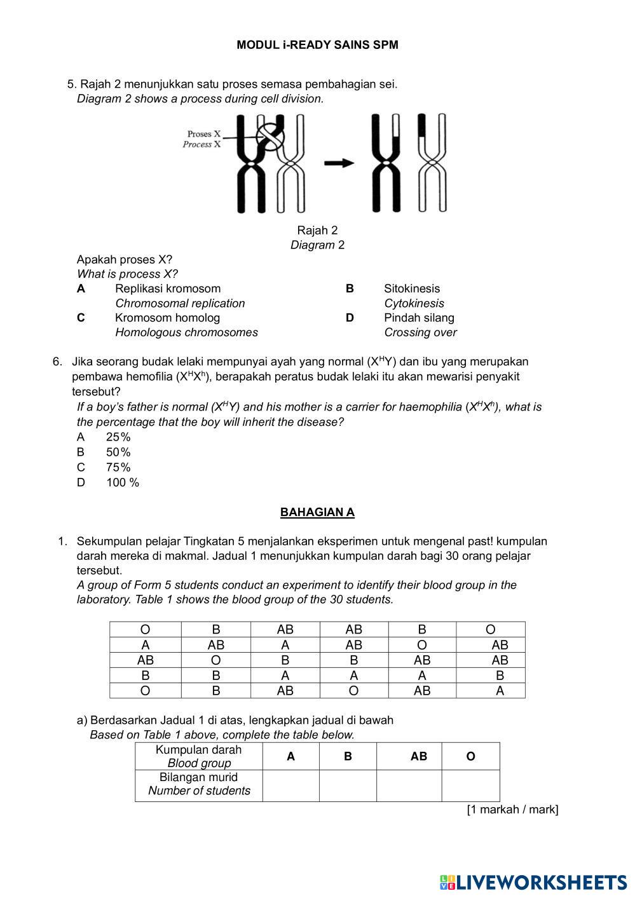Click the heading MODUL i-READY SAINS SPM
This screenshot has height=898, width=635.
(317, 45)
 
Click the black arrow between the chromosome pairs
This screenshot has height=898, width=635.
(339, 163)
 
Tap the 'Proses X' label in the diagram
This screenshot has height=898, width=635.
(203, 134)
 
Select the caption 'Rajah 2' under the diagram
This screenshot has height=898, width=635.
(317, 230)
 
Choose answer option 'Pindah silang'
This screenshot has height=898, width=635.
(419, 318)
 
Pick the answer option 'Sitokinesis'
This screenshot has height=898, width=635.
(411, 289)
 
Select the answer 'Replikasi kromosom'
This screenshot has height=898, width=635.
(167, 289)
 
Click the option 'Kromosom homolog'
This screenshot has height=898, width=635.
(167, 318)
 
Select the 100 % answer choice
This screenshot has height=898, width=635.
(122, 482)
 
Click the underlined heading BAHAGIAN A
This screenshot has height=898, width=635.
(317, 512)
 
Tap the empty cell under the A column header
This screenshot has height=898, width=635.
(290, 785)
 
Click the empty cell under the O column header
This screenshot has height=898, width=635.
(470, 785)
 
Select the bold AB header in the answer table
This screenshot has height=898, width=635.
(418, 756)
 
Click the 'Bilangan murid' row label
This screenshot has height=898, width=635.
(198, 777)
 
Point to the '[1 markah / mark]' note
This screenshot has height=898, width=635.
(512, 810)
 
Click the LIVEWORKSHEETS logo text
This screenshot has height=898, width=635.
(541, 882)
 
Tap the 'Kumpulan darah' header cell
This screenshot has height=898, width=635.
(198, 750)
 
